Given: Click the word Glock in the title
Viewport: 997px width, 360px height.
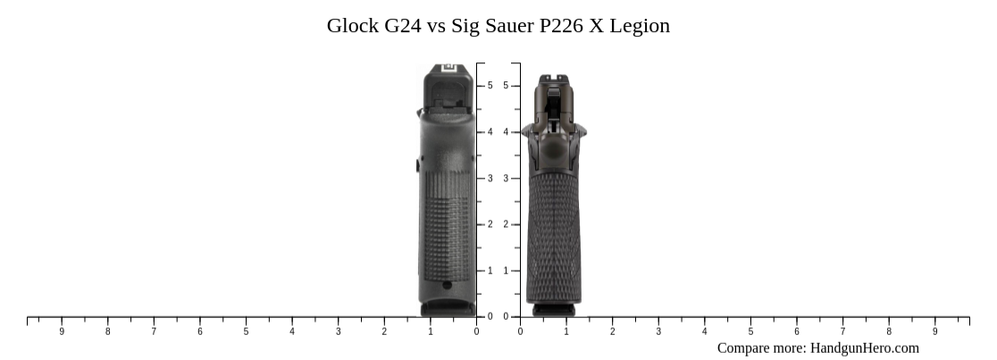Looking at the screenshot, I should (353, 26).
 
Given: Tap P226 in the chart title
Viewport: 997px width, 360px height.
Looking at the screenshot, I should (559, 26).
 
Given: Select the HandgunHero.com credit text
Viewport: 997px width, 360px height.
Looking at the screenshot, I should (864, 348).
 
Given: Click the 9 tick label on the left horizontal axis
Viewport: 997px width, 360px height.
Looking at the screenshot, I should (62, 331).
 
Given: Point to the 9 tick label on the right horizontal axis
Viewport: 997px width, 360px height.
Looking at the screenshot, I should (935, 331).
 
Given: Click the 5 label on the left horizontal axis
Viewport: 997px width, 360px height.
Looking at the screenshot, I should (246, 331).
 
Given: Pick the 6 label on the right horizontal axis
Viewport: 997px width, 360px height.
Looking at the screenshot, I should (797, 331).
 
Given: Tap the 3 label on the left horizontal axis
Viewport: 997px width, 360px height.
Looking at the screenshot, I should (338, 331).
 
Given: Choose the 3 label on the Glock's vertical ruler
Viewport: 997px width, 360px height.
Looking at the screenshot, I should (490, 179).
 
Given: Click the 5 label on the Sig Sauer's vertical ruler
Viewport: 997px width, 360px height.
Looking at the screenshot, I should (506, 86).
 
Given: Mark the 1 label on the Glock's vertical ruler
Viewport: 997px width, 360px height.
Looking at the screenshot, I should (490, 271).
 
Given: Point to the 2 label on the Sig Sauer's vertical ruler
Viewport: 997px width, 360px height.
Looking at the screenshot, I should (506, 224).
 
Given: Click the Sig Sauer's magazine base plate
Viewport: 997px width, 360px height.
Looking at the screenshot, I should (555, 309).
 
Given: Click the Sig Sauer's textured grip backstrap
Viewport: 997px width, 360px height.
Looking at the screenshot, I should (555, 232).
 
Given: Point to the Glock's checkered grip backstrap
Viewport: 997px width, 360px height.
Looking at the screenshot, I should (448, 223).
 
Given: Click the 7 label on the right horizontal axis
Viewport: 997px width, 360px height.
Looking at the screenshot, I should (842, 331).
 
